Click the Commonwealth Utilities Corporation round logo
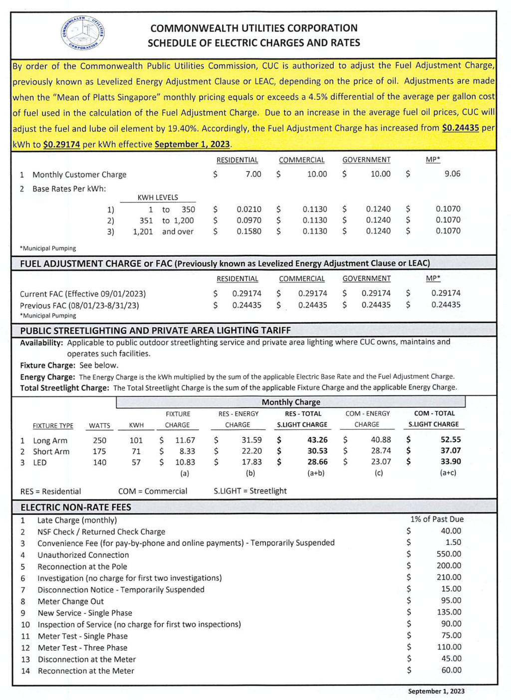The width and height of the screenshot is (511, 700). point(83,33)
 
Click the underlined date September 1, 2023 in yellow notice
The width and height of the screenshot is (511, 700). point(192,144)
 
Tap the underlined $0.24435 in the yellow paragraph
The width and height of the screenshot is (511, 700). point(460,128)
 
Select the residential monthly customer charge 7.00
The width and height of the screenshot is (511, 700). point(253,174)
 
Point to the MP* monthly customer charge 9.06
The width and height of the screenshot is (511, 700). point(452,174)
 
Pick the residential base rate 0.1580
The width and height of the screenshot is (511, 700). point(249,231)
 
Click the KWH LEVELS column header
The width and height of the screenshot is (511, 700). point(158,197)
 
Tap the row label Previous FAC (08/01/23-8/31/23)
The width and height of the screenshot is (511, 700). point(79,305)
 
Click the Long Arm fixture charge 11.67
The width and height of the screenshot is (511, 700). point(185,440)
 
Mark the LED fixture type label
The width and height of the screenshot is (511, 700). point(40,462)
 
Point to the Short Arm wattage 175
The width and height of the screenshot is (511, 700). point(99,451)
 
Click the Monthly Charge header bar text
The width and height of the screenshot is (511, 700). point(291,402)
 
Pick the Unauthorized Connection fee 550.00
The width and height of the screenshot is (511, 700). point(449,554)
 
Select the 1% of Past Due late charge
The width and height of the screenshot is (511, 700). point(437,519)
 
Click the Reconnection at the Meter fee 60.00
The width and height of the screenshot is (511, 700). point(451,670)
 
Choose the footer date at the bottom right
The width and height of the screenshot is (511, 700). point(436,691)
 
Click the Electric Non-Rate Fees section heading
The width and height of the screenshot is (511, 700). point(76,507)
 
